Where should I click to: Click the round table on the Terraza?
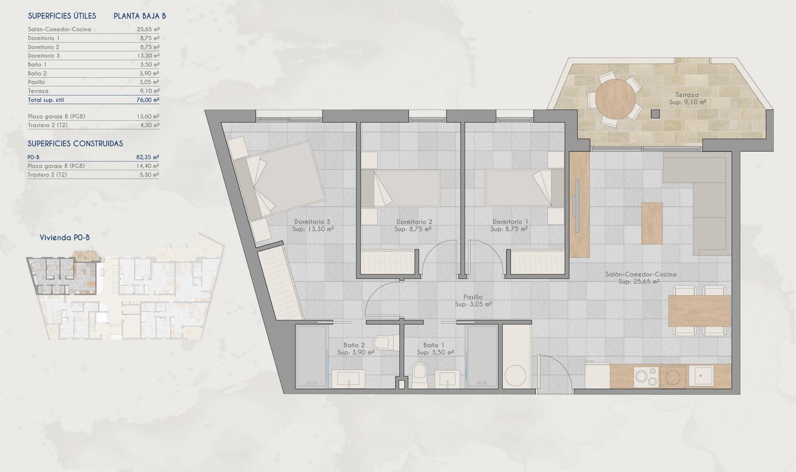click(615, 99)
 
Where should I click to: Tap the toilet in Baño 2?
click(381, 342)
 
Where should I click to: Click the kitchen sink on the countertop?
click(700, 376)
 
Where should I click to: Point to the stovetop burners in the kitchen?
click(646, 376)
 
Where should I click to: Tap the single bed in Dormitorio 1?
click(524, 188)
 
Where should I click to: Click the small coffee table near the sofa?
click(652, 223)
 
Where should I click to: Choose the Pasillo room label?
click(473, 297)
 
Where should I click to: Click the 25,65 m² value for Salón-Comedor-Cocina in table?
click(148, 29)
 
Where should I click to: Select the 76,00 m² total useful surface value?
click(148, 100)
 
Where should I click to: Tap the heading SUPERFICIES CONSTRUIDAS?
click(75, 144)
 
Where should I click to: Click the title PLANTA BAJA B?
click(140, 16)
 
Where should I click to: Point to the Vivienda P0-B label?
click(65, 238)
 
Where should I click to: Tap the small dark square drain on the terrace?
click(655, 113)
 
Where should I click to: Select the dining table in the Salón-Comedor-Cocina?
click(699, 311)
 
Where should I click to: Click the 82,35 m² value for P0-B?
click(148, 157)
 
